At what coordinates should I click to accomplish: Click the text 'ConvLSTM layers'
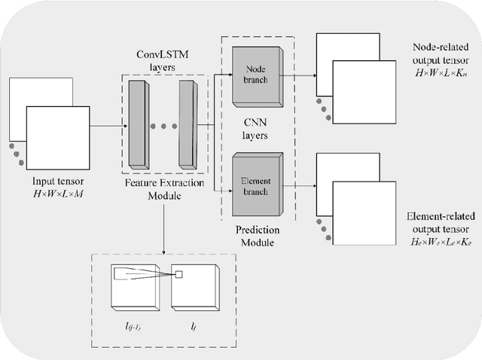point(160,61)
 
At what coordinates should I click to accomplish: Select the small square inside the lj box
point(178,274)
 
